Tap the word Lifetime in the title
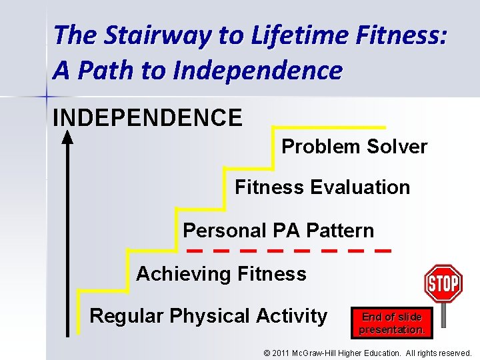[x=280, y=35]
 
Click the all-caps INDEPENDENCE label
[x=147, y=118]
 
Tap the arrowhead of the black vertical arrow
[x=67, y=137]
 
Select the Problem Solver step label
[x=354, y=147]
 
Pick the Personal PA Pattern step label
[x=278, y=231]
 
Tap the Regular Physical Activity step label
[x=208, y=315]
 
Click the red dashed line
[x=288, y=251]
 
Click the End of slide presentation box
[x=392, y=323]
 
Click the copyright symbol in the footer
[x=267, y=353]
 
